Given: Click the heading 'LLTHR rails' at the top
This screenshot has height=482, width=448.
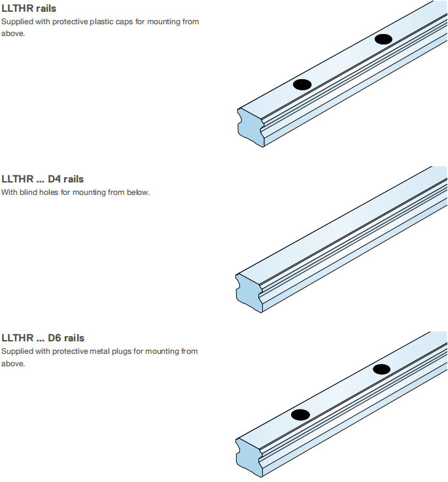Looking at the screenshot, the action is [29, 9].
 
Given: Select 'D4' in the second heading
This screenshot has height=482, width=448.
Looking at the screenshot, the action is [54, 179].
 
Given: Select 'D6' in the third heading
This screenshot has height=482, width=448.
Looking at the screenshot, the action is [55, 338].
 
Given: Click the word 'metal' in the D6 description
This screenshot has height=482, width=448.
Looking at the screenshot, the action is [100, 351].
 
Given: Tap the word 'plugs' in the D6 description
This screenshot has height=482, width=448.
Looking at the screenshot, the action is [122, 352].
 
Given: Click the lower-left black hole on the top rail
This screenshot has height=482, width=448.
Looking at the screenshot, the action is [302, 84].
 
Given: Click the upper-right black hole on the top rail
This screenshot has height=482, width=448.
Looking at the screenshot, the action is [383, 39].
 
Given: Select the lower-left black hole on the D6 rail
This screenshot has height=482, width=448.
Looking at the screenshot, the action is [300, 415].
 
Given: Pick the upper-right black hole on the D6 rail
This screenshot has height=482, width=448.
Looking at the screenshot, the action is [381, 370].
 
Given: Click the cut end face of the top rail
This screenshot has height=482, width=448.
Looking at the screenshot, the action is [250, 128].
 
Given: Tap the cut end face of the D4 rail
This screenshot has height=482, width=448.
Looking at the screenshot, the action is [249, 294].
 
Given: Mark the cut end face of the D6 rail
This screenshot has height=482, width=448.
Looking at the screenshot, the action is [249, 458].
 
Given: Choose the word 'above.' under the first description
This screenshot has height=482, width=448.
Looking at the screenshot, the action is [13, 33].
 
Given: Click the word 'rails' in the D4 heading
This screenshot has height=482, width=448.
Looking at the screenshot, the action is [74, 179].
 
